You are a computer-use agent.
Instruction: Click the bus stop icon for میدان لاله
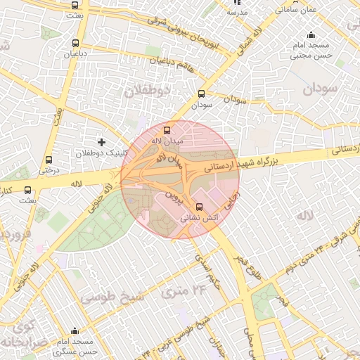167,129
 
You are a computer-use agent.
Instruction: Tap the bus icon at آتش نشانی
200,207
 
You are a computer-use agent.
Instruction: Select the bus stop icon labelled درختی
48,160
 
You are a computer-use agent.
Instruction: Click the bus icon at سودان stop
202,93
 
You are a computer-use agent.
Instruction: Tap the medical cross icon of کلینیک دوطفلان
101,142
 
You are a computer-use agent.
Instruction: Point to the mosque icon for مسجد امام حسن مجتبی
311,36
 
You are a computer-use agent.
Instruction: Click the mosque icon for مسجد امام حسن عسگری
76,331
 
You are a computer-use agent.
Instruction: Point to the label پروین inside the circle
174,193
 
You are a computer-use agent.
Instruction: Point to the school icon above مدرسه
237,3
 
